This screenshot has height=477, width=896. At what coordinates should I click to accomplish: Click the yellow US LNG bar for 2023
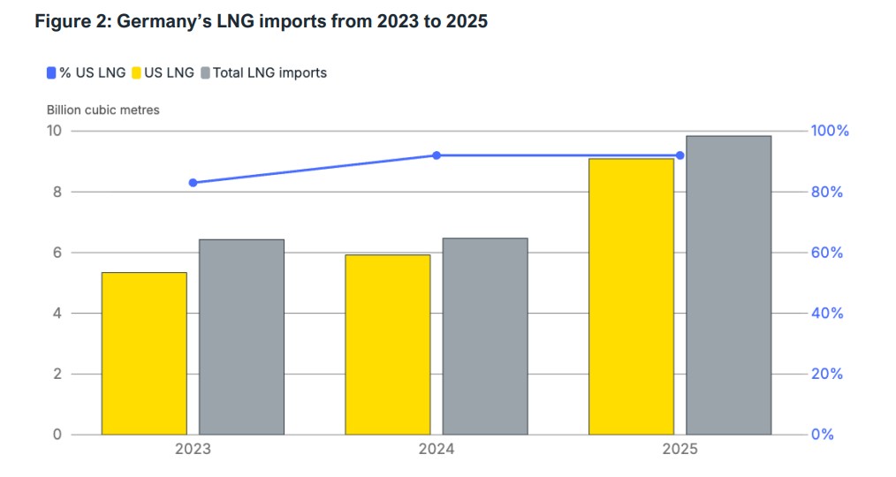coord(144,353)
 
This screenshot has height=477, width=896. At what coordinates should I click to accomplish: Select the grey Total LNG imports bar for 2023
coord(241,337)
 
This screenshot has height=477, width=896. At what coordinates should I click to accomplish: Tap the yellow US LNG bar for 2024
coord(388,344)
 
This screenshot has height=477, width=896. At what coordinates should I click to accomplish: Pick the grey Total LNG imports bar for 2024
coord(485,336)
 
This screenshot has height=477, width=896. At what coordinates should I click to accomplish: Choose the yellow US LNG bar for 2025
coord(632,296)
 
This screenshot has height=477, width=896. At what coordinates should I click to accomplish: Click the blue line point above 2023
coord(193,183)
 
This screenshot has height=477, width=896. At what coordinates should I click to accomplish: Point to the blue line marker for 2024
coord(437,155)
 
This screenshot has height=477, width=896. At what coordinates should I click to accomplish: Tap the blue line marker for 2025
coord(680,155)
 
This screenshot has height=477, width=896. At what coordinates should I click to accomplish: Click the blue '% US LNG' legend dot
coord(51,73)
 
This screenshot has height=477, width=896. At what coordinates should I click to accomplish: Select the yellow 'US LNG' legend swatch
coord(136,73)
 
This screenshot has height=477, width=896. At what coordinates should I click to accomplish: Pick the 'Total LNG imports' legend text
coord(270,73)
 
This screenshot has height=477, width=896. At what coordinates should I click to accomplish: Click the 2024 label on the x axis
coord(437,450)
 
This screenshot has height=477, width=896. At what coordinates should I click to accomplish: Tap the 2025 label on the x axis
coord(680,450)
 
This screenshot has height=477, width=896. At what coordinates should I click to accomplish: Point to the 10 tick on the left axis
coord(55,131)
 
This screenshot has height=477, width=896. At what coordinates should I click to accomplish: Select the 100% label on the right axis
coord(830,131)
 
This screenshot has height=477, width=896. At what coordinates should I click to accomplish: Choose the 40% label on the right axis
coord(827,314)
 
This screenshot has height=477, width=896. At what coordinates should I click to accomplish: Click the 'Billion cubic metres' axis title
coord(103,110)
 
